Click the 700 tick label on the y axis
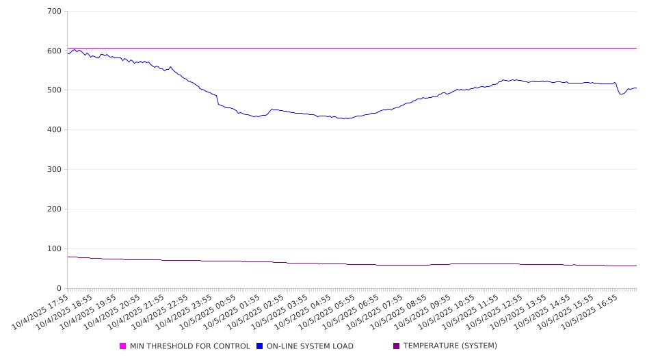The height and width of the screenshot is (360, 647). point(54,12)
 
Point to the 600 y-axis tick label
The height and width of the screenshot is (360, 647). point(54,51)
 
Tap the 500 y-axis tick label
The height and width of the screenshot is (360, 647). point(54,90)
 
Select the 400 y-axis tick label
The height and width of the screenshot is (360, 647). point(54,130)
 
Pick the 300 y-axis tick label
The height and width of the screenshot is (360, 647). point(54,170)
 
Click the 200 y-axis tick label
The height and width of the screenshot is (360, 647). point(54,209)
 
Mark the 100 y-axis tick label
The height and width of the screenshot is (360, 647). point(54,249)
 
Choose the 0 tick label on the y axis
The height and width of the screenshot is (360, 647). point(59,289)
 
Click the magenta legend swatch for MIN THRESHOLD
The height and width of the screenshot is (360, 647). point(123,346)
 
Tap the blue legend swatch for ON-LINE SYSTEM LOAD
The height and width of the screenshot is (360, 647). point(260,346)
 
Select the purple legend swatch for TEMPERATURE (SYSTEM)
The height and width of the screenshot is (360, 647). point(397,346)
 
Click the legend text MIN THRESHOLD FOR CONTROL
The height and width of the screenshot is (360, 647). point(189,346)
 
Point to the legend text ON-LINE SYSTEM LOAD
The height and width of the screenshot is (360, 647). point(310,346)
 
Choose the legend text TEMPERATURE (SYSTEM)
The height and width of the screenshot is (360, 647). point(450,346)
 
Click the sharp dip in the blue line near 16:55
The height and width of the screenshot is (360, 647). point(621,94)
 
